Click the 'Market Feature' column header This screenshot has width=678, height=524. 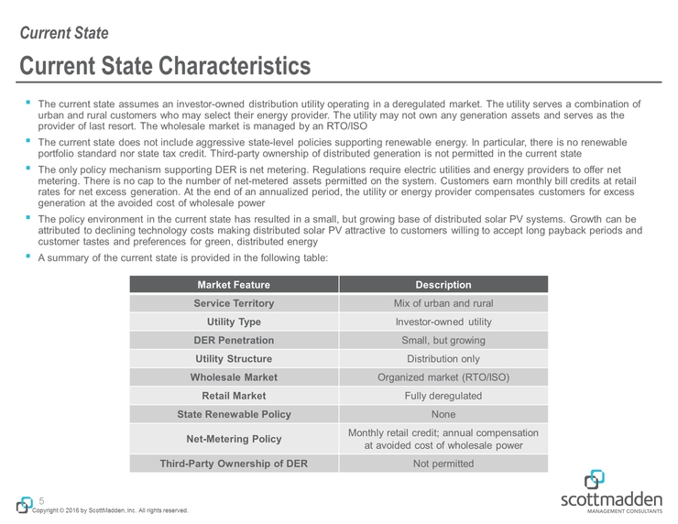pyautogui.click(x=234, y=285)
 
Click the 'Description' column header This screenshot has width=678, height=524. pyautogui.click(x=443, y=285)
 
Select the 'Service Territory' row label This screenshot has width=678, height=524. pyautogui.click(x=234, y=303)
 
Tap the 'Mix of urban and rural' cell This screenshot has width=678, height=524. pyautogui.click(x=443, y=303)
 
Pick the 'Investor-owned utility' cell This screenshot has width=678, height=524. pyautogui.click(x=443, y=322)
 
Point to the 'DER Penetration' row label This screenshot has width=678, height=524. pyautogui.click(x=234, y=341)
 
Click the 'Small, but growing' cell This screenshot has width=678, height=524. pyautogui.click(x=443, y=341)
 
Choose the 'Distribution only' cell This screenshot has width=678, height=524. pyautogui.click(x=443, y=359)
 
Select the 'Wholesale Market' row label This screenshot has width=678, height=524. pyautogui.click(x=234, y=377)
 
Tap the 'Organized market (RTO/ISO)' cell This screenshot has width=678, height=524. pyautogui.click(x=443, y=377)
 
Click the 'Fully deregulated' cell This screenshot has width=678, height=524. pyautogui.click(x=443, y=396)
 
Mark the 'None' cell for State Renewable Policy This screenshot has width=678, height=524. pyautogui.click(x=443, y=414)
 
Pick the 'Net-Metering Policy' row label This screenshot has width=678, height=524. pyautogui.click(x=234, y=439)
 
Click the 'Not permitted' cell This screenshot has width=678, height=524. pyautogui.click(x=443, y=464)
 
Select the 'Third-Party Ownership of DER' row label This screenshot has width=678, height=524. pyautogui.click(x=234, y=464)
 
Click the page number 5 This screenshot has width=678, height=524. pyautogui.click(x=41, y=500)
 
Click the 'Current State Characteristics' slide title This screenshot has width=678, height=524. pyautogui.click(x=165, y=67)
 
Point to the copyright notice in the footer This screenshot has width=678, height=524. pyautogui.click(x=110, y=510)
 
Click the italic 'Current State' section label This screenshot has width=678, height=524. pyautogui.click(x=64, y=34)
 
